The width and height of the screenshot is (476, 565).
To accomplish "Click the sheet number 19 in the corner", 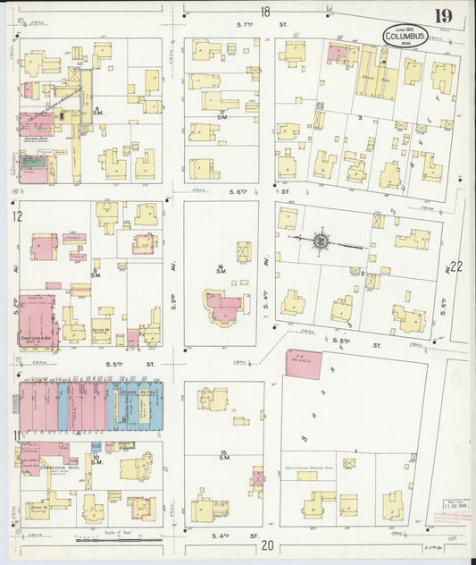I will click(x=443, y=15).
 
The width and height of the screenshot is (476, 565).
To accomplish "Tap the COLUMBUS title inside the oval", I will click(x=405, y=36).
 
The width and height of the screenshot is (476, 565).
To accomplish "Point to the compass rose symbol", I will click(x=321, y=240).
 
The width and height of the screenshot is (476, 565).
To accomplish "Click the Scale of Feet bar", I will click(x=108, y=539).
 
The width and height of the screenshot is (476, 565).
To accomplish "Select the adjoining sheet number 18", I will click(x=265, y=12).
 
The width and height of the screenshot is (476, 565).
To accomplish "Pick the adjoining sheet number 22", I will click(x=456, y=266).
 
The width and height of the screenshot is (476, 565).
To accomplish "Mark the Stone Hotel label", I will click(x=132, y=392).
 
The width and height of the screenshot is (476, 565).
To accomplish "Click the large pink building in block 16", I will click(x=224, y=308).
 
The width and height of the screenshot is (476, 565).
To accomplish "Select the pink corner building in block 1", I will click(x=303, y=361).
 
